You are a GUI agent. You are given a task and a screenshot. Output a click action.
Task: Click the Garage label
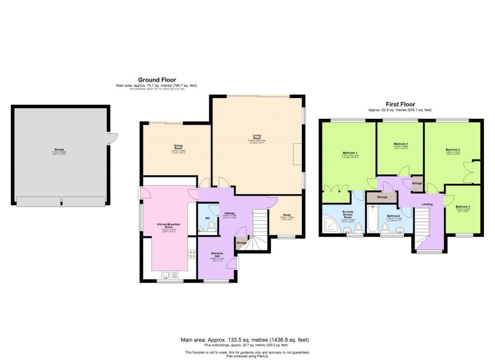point(59,150)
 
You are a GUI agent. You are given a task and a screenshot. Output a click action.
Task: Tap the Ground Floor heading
point(157,80)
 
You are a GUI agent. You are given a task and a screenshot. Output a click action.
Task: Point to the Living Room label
point(256,137)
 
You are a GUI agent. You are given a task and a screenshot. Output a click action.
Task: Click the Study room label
point(287,216)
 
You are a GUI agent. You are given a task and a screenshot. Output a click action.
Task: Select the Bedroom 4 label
point(463,207)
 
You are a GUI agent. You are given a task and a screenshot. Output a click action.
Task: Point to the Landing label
point(427,204)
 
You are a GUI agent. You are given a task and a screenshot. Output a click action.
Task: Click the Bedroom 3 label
point(401,144)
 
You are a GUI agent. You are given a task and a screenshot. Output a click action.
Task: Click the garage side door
point(113,138)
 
